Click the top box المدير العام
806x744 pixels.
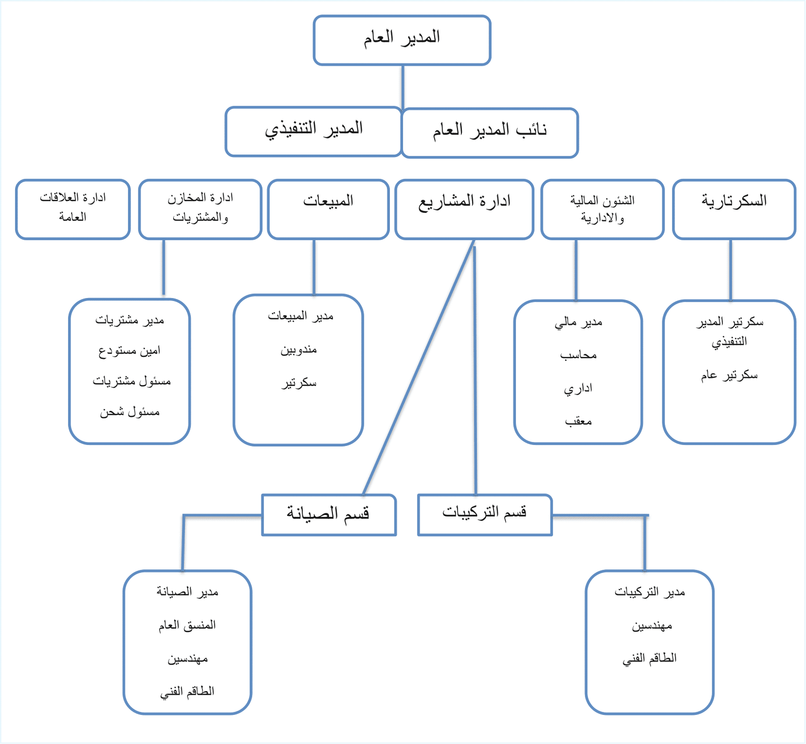[x=402, y=40]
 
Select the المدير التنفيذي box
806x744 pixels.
[x=313, y=131]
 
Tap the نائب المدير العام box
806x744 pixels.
[x=490, y=133]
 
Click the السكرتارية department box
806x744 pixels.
[x=734, y=209]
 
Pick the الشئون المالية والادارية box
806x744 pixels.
[x=602, y=209]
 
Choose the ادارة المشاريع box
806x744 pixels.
[x=464, y=209]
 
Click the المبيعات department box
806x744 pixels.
[x=328, y=209]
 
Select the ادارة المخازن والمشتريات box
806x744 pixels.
[x=200, y=209]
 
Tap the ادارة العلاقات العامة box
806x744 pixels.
[x=73, y=209]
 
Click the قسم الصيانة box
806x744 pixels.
[x=329, y=515]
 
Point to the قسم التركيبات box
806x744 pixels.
[x=485, y=515]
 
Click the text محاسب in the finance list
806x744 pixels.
[x=578, y=355]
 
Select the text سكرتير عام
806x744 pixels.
[x=729, y=375]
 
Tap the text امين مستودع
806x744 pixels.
[x=129, y=351]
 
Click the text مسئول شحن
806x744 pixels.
[x=129, y=412]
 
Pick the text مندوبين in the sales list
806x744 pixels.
[x=299, y=350]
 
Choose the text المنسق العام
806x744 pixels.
[x=187, y=625]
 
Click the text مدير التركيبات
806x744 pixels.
[x=650, y=592]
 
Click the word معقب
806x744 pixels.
[x=578, y=421]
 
